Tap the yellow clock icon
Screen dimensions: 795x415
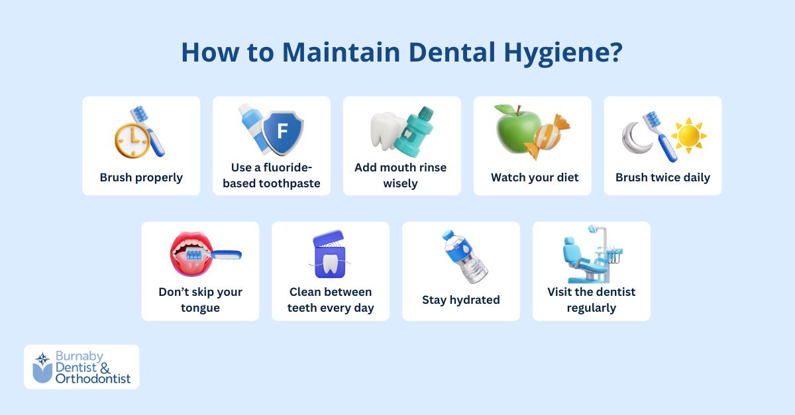(x=132, y=140)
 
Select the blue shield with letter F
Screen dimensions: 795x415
(x=282, y=132)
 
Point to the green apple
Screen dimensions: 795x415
(x=518, y=130)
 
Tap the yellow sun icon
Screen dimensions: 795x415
(x=688, y=136)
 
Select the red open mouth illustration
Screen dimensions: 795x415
(x=191, y=254)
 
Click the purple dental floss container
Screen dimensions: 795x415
(x=329, y=254)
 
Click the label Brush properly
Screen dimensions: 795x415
(x=141, y=177)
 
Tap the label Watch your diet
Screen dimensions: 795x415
(x=535, y=177)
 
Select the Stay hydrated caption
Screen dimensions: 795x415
(x=460, y=300)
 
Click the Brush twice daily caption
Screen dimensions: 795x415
(x=662, y=177)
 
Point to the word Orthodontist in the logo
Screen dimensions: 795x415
(x=93, y=379)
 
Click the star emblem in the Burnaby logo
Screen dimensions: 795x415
(x=42, y=359)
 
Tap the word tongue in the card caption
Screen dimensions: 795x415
(x=200, y=308)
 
